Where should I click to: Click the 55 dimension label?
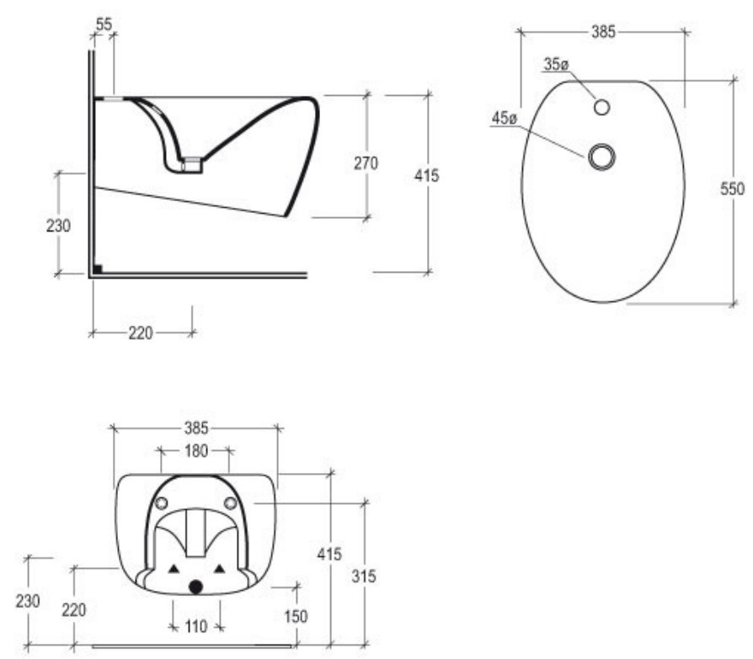pyautogui.click(x=104, y=24)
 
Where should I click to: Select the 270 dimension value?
pyautogui.click(x=366, y=163)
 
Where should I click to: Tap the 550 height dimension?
pyautogui.click(x=732, y=189)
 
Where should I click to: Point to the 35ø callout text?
pyautogui.click(x=556, y=64)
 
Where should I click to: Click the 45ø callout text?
pyautogui.click(x=505, y=118)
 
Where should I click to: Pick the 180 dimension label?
pyautogui.click(x=196, y=450)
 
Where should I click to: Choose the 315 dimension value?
pyautogui.click(x=364, y=576)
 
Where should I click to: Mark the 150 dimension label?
pyautogui.click(x=296, y=616)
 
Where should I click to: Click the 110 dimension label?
pyautogui.click(x=196, y=626)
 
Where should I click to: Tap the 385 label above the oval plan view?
pyautogui.click(x=603, y=32)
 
